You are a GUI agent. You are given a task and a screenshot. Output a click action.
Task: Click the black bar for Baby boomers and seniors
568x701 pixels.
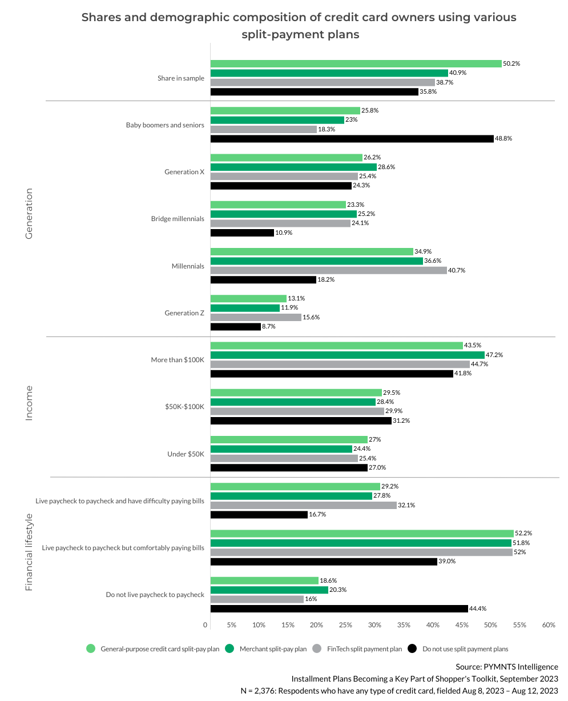pos(352,139)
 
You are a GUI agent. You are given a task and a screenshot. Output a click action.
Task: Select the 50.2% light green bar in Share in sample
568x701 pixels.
pos(356,63)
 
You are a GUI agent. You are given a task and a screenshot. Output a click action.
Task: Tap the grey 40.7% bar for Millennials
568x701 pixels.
pos(328,270)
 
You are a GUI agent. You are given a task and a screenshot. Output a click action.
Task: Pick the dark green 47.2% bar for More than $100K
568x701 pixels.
pos(347,355)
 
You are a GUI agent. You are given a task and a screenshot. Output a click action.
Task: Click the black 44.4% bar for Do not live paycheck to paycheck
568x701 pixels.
pos(339,608)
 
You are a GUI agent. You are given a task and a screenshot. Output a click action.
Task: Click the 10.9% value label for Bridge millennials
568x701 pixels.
pos(284,233)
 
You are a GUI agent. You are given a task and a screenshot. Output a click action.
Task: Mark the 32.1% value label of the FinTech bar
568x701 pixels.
pos(406,505)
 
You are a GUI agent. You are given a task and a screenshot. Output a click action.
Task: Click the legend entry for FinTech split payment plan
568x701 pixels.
pos(364,649)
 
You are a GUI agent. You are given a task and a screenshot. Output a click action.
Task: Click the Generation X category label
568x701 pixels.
pos(184,171)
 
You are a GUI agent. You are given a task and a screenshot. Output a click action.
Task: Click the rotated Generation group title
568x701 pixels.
pos(29,214)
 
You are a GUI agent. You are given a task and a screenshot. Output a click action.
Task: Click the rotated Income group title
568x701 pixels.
pos(29,403)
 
